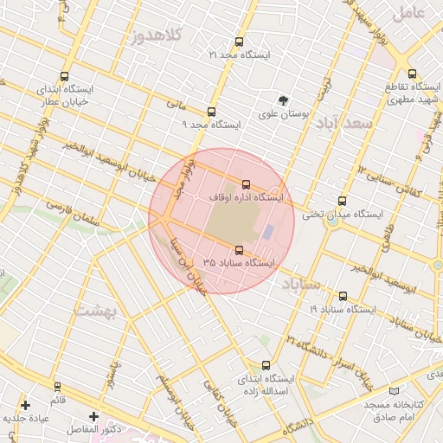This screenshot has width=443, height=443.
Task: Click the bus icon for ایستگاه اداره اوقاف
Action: tap(247, 184)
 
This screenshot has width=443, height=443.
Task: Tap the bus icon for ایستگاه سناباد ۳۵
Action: tap(239, 250)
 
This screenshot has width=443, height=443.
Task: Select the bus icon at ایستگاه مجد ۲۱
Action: tap(239, 42)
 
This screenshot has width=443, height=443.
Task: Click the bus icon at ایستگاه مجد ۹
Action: tap(211, 112)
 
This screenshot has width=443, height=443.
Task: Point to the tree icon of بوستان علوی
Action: tap(282, 100)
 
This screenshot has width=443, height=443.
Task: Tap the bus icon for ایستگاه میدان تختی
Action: tap(343, 201)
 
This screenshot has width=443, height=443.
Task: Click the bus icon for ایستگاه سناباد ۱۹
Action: tap(343, 296)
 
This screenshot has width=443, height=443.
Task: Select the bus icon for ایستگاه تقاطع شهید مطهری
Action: tap(412, 74)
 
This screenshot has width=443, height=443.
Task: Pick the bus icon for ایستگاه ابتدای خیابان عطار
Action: tap(66, 75)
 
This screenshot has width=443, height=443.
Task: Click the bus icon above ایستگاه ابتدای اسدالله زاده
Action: tap(265, 365)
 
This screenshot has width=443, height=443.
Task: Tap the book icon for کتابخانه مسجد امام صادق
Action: tap(395, 392)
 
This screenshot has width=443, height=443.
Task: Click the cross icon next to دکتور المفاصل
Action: tap(93, 416)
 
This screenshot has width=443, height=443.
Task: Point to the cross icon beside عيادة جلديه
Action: tap(25, 404)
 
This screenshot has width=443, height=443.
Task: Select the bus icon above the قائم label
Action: tap(57, 386)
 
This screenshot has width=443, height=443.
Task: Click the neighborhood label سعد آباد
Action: tap(343, 122)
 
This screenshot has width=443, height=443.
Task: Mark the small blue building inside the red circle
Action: tap(268, 232)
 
